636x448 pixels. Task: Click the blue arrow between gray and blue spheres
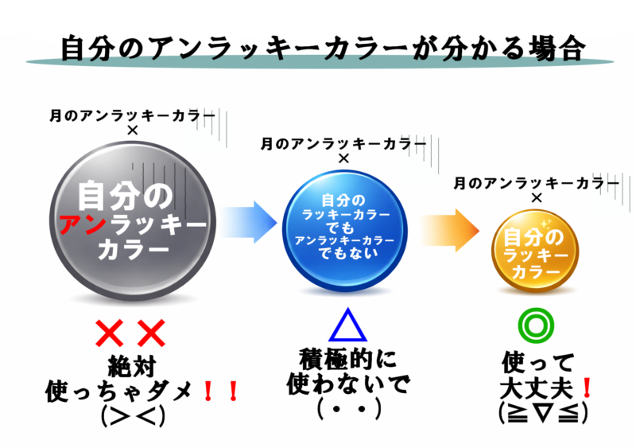(x=248, y=222)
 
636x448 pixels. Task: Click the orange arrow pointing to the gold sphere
(x=449, y=230)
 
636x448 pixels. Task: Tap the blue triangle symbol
(x=347, y=325)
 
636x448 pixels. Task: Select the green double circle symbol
(x=536, y=325)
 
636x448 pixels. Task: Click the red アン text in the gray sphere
(x=83, y=224)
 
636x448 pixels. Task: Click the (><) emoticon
(x=133, y=415)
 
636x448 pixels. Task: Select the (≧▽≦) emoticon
(x=543, y=413)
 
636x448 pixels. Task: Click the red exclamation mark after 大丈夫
(x=587, y=388)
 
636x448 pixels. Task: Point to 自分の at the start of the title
(x=103, y=48)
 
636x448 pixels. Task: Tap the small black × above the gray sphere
(x=133, y=131)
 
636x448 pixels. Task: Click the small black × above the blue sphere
(x=343, y=158)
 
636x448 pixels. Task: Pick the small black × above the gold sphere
(x=537, y=198)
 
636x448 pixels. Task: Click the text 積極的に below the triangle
(x=347, y=359)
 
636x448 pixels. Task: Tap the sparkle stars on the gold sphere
(x=545, y=224)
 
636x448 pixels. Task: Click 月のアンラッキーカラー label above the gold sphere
(x=536, y=184)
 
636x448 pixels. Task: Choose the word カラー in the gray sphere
(x=134, y=248)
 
